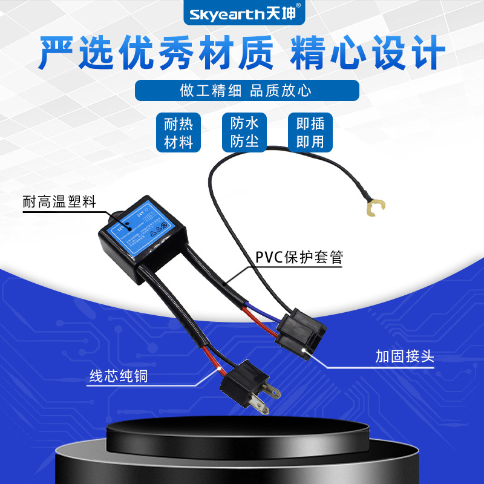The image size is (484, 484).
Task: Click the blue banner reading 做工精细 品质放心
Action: click(x=246, y=91)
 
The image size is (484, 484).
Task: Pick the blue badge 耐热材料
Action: click(x=178, y=133)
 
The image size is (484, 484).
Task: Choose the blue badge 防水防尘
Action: click(x=244, y=133)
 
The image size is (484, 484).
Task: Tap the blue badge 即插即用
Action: click(x=310, y=133)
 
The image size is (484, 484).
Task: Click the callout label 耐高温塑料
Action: click(x=59, y=203)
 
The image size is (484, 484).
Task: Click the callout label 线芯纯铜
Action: click(x=118, y=376)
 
